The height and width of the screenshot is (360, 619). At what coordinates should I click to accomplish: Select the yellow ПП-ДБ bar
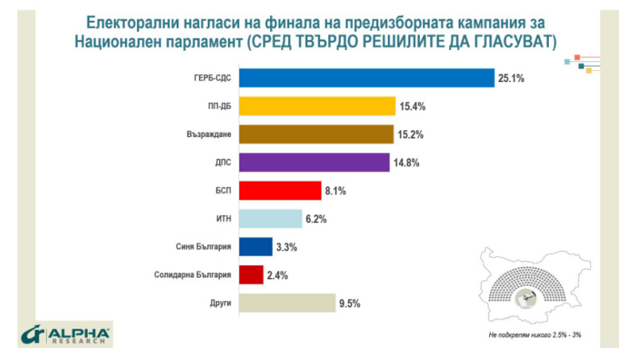pos(318,106)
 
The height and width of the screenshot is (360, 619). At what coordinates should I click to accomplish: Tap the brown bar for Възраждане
pos(317,134)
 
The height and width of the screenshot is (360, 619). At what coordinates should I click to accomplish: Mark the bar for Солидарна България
pos(251,275)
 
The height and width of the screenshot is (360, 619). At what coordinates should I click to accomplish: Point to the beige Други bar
pos(288,303)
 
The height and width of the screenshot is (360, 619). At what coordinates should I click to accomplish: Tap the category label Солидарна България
pos(193,275)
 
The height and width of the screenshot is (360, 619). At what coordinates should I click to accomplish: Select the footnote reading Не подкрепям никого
pos(537,333)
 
